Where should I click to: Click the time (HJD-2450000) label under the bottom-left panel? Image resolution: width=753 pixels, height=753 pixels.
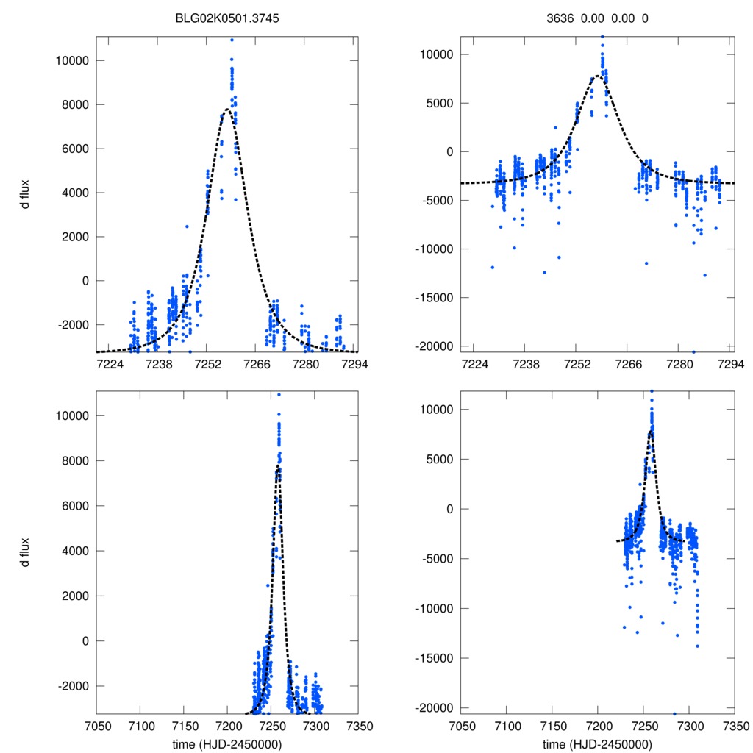click(226, 743)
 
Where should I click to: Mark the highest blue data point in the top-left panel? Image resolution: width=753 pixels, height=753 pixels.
click(232, 40)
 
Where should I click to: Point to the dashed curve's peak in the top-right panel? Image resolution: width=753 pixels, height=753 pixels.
click(598, 76)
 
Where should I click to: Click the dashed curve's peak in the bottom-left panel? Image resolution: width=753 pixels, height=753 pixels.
click(278, 466)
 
